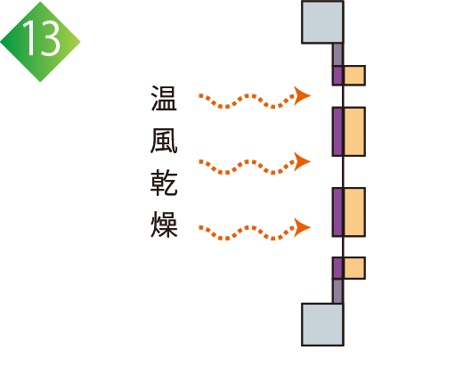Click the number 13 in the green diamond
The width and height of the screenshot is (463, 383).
tap(41, 38)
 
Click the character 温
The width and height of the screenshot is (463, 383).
tap(164, 98)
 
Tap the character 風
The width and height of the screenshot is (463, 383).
tap(164, 141)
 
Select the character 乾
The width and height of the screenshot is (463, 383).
tap(164, 183)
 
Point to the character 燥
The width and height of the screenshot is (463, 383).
tap(164, 224)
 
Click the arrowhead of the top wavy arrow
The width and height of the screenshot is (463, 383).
tap(302, 95)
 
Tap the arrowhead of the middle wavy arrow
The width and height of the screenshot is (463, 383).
tap(302, 161)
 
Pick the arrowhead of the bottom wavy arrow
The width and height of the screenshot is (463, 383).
tap(302, 227)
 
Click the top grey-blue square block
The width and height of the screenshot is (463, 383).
tap(322, 22)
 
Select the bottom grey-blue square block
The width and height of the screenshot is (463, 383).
tap(322, 324)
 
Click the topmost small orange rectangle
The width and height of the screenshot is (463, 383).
tap(354, 76)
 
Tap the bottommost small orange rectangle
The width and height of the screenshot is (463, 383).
tap(354, 268)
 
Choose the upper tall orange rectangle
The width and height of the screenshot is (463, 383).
tap(354, 132)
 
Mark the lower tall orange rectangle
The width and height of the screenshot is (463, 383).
tap(354, 212)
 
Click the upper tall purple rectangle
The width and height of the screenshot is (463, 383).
tap(337, 132)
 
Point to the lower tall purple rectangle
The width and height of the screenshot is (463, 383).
tap(337, 212)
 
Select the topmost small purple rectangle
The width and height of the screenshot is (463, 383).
tap(337, 76)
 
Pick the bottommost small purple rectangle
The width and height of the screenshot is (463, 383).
tap(337, 268)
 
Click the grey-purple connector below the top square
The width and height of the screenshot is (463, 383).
tap(337, 54)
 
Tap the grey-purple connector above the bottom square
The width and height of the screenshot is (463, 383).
tap(337, 291)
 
